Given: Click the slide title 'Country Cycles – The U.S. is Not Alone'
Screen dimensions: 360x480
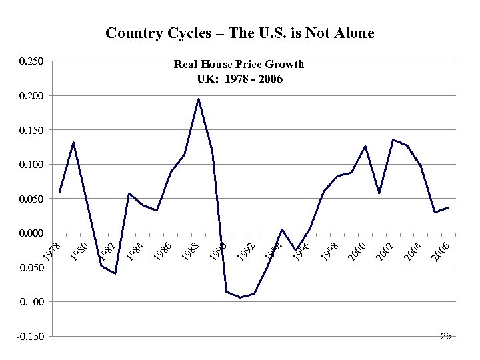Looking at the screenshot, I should (240, 33).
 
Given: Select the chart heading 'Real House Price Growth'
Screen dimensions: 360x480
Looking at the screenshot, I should (239, 65).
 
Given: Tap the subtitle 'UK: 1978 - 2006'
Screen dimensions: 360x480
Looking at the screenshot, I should (239, 79).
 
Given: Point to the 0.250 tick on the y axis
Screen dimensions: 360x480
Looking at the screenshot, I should (31, 62).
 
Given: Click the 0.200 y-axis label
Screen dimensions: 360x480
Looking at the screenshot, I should (31, 96).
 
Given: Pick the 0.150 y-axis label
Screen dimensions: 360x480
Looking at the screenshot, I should (31, 130).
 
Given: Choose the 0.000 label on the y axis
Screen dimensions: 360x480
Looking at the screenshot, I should (31, 233).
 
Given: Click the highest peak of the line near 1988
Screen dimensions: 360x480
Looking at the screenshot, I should (198, 99).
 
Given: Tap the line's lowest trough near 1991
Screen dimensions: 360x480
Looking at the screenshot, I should (240, 297).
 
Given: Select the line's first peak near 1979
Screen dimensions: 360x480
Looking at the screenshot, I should (73, 142).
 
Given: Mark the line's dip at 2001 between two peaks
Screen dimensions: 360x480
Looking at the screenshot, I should (379, 193).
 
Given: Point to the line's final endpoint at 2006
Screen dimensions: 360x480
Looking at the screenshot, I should (449, 207).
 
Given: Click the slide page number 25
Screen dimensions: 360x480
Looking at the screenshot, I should (446, 337).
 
